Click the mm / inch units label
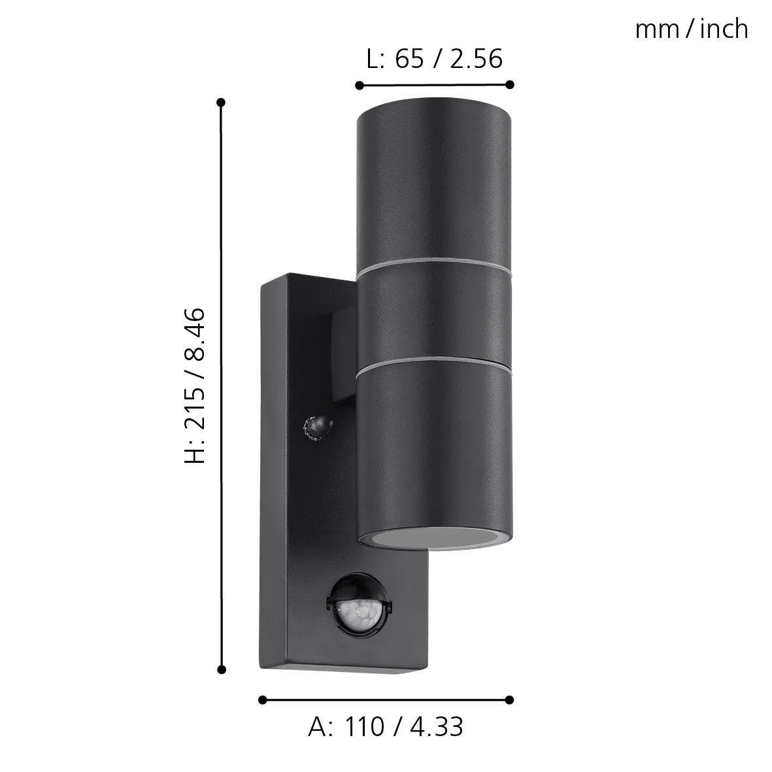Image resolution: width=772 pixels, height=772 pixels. [x=692, y=29]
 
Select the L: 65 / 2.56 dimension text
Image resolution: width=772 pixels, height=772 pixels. [x=434, y=59]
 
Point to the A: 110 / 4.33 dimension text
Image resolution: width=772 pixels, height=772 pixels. [x=386, y=726]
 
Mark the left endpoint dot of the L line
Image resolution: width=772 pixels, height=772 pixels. [x=359, y=84]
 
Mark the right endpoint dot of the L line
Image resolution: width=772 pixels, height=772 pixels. [x=511, y=84]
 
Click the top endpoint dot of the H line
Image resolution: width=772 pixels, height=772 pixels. [x=221, y=103]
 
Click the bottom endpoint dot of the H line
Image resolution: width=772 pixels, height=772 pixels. [x=221, y=669]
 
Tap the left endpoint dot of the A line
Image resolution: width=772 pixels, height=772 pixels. [x=263, y=699]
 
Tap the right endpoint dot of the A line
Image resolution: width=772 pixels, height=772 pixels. [x=511, y=699]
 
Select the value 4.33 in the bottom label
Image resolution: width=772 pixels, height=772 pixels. [x=437, y=726]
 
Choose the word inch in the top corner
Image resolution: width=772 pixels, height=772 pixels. [x=724, y=29]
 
